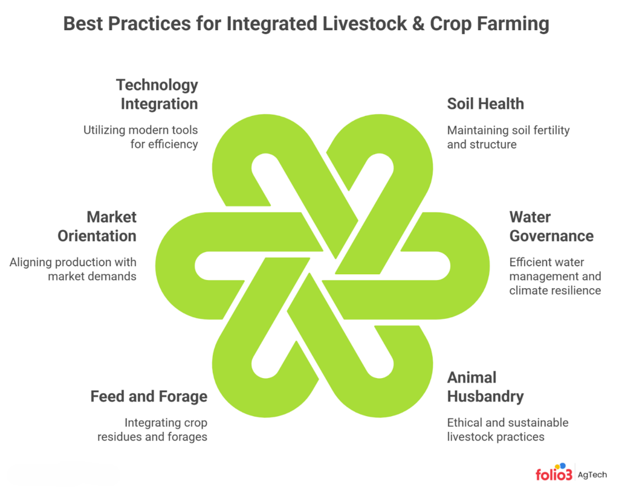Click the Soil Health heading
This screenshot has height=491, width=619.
(485, 104)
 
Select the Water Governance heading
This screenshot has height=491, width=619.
(551, 226)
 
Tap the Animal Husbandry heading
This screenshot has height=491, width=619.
(485, 387)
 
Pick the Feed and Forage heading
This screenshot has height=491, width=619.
(149, 397)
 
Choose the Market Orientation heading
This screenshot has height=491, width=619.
(97, 226)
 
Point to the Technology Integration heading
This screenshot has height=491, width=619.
(157, 94)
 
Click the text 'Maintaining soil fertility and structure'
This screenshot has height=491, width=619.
(508, 137)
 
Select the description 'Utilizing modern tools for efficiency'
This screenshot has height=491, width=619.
(141, 137)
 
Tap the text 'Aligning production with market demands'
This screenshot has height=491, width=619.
(73, 269)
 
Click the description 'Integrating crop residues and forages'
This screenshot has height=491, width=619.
(152, 429)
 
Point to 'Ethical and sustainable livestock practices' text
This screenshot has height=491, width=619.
(507, 429)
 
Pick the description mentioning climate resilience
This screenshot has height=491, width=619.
(555, 276)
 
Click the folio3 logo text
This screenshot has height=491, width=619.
(554, 474)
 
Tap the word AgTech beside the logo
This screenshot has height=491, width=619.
(592, 475)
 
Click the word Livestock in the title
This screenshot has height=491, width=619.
(355, 25)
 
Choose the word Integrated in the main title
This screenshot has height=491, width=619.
(266, 25)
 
